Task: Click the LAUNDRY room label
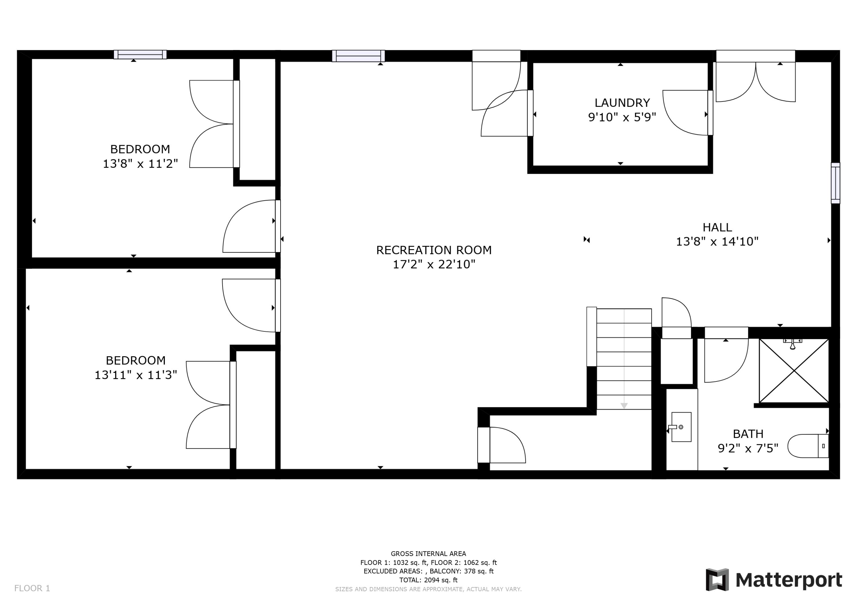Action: click(x=622, y=102)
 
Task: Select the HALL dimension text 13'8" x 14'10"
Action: click(x=717, y=242)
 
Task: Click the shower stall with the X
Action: click(x=794, y=371)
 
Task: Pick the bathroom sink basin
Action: click(x=681, y=427)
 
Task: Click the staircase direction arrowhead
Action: click(x=624, y=406)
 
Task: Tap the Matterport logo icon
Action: click(x=717, y=580)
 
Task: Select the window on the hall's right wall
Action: click(x=835, y=183)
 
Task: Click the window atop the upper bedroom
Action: click(x=140, y=55)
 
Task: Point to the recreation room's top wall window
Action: click(x=358, y=56)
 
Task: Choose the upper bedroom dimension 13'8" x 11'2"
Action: click(x=140, y=163)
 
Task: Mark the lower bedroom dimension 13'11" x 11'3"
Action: click(x=135, y=375)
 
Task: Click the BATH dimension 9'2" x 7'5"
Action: click(x=748, y=448)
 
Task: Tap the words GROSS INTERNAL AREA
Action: click(x=428, y=554)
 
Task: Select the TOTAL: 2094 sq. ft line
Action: click(x=428, y=580)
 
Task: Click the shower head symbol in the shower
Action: click(x=792, y=345)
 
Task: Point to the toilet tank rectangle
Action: click(x=823, y=446)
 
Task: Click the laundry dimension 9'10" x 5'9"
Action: click(x=622, y=117)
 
